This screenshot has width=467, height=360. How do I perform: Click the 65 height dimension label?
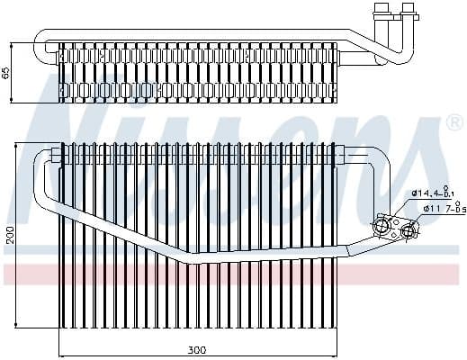tap(8, 73)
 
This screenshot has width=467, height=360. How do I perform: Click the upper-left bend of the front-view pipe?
tap(41, 160)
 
